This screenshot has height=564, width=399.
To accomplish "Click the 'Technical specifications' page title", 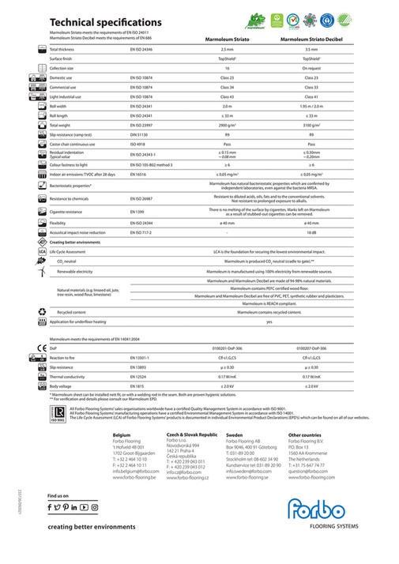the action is (x=105, y=22).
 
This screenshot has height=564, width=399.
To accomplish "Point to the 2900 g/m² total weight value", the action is (x=228, y=125).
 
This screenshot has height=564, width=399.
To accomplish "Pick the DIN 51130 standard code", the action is (x=141, y=135).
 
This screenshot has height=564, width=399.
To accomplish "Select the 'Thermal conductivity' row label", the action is (x=70, y=377).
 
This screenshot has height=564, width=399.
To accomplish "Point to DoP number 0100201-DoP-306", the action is (x=228, y=347).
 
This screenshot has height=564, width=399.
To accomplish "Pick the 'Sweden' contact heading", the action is (x=235, y=434).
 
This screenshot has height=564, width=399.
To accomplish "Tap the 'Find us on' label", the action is (x=60, y=495).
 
